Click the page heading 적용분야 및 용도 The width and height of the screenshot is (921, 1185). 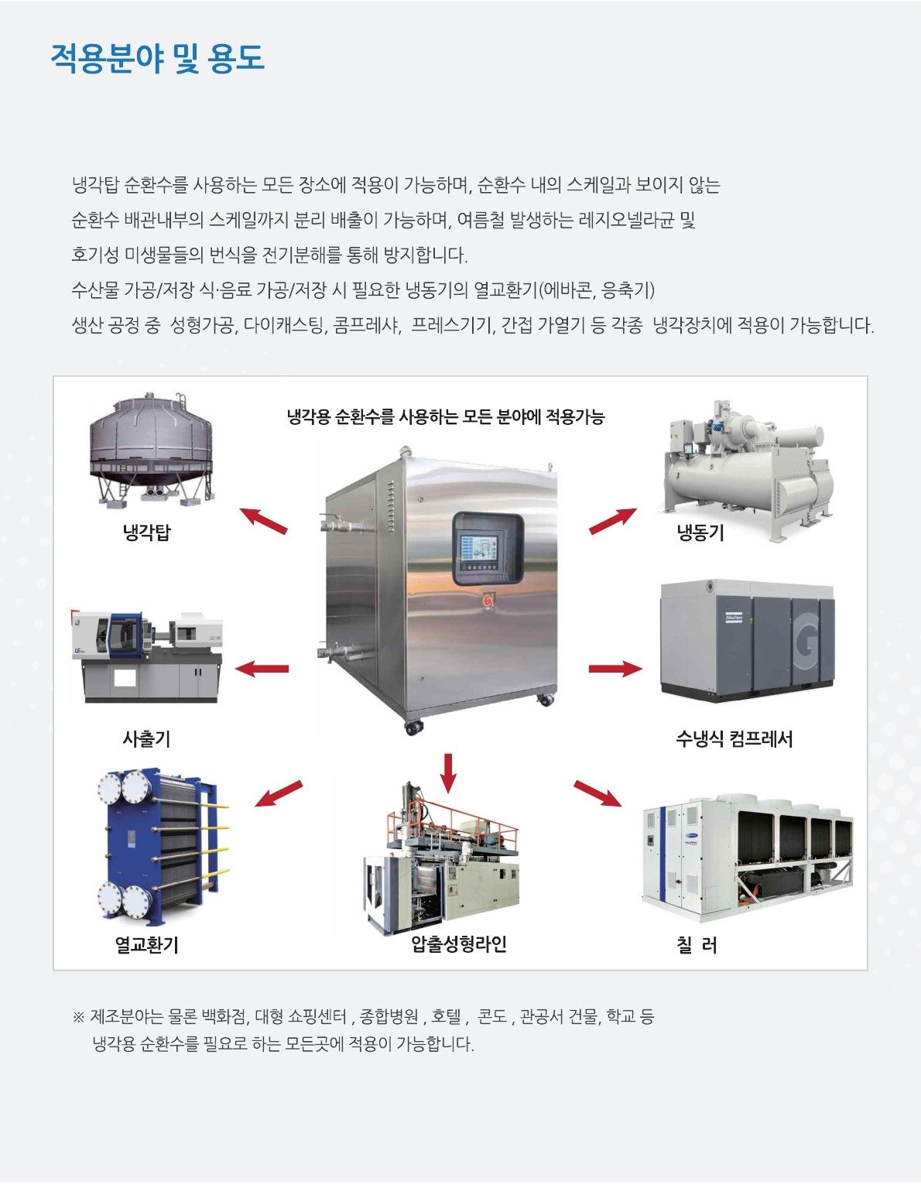coord(158,58)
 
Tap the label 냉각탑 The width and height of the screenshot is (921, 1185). coord(147,533)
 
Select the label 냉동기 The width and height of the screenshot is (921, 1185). coord(700,533)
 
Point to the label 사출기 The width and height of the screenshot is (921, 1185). coord(147,739)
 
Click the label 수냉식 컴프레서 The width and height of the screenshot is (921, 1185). coord(734,739)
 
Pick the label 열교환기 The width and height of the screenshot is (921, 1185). coord(147,944)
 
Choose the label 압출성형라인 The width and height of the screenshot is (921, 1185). coord(459,944)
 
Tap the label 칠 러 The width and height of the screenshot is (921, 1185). coord(697,944)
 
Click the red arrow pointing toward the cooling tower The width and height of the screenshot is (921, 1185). coord(263,521)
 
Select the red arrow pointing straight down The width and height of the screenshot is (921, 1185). coord(448,772)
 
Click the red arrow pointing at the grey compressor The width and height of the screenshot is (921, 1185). coord(615,669)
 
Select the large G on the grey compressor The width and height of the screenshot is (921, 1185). coord(807,642)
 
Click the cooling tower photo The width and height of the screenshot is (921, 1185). coord(150,450)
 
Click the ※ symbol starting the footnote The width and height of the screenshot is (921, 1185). coord(78,1017)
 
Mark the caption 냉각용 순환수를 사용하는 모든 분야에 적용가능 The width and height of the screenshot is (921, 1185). coord(446,417)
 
